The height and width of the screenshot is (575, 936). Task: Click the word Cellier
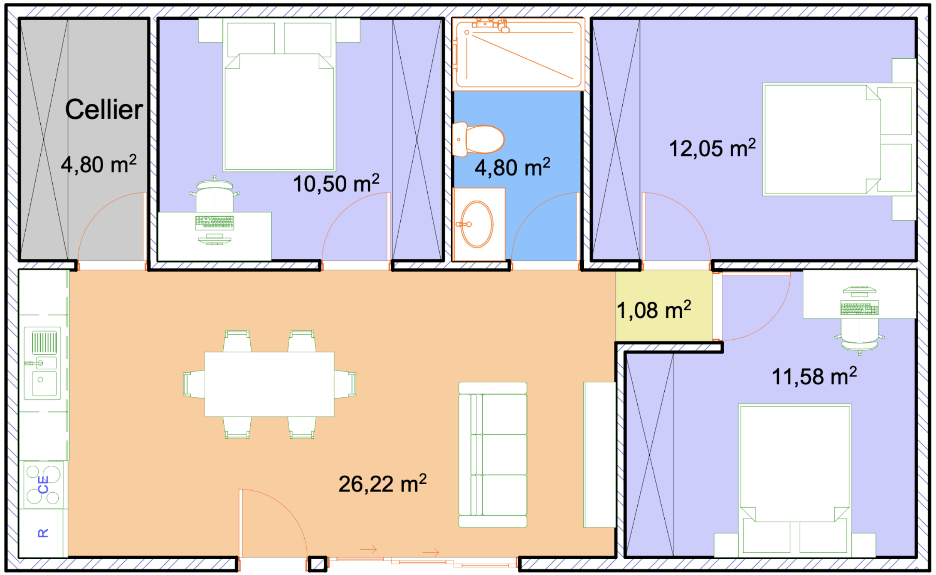coord(104,109)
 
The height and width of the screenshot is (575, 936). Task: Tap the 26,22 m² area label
coord(383,484)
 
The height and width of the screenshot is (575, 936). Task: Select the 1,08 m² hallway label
coord(654,310)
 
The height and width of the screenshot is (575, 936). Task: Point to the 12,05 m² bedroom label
coord(712,148)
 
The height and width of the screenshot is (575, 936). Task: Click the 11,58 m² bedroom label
coord(814,376)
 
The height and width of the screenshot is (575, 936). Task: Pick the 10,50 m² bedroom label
coord(336,183)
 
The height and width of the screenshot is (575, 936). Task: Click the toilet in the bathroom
coord(478,139)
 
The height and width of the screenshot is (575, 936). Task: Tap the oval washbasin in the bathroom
coord(477,224)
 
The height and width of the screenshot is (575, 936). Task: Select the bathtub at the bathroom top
coord(519,54)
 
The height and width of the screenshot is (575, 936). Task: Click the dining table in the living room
coord(269,384)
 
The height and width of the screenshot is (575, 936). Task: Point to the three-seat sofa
coord(493,455)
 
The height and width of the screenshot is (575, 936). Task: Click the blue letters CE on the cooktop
coord(43,485)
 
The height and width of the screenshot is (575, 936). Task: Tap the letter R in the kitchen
coord(43,533)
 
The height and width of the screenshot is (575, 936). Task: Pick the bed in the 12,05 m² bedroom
coord(839,140)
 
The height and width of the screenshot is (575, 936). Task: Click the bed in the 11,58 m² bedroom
coord(795,480)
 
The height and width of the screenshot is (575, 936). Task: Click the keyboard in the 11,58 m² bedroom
coord(859,308)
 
